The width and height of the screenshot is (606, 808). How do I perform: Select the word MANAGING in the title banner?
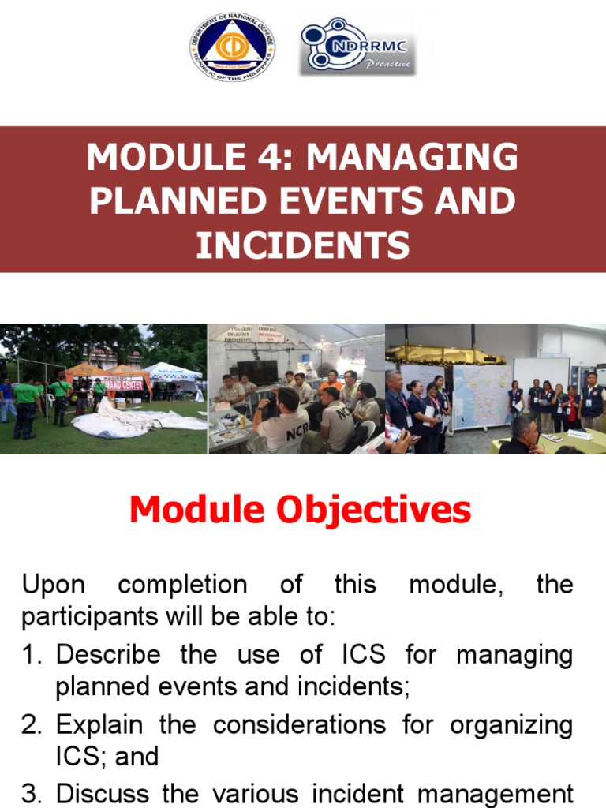point(413,158)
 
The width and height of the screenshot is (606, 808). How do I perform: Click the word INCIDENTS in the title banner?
point(303,245)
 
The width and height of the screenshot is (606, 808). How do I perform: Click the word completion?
point(181,585)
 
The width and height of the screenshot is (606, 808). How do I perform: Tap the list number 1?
point(31,655)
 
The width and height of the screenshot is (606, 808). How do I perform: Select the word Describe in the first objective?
point(108,655)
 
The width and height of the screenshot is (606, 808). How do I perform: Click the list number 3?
point(31,793)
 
